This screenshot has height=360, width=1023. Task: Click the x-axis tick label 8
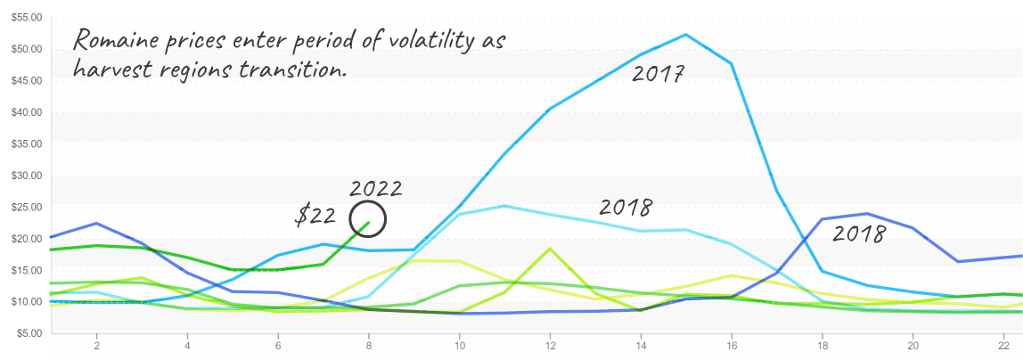pos(369,345)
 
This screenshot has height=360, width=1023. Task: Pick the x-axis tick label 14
pos(641,345)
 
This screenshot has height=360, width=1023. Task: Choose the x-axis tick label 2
pos(96,345)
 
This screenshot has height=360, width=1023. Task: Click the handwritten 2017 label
pos(658,74)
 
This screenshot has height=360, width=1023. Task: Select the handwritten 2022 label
pos(376,189)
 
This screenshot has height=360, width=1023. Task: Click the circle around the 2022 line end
pos(368,204)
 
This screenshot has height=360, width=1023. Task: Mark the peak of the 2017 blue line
pos(685,35)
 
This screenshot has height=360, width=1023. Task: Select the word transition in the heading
pos(293,70)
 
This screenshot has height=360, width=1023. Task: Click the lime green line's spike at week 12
pos(549,249)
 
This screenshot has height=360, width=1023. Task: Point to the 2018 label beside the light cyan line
pos(626,208)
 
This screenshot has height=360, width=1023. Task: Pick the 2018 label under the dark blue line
pos(859,233)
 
